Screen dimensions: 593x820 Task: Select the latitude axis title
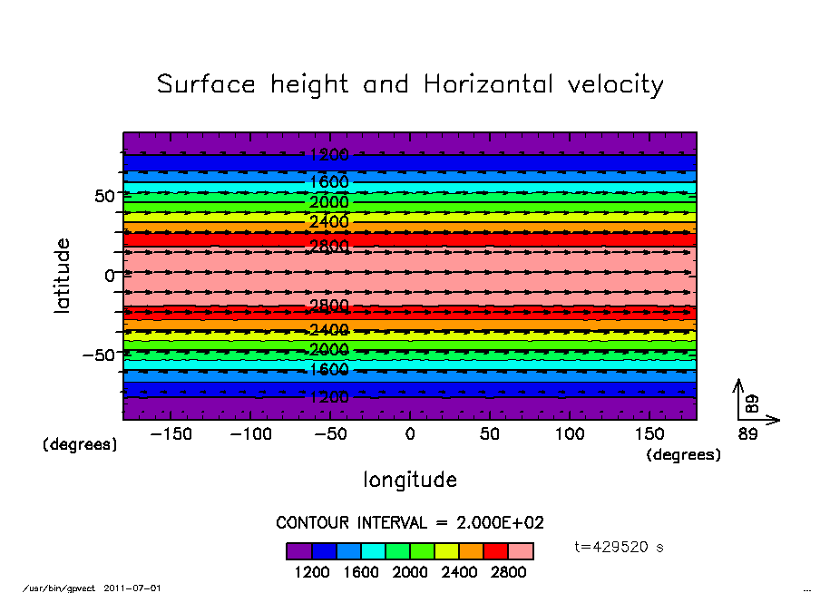63,276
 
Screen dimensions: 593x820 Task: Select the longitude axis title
410,480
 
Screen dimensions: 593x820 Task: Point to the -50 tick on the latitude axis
96,355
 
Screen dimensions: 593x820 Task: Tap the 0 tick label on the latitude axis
110,276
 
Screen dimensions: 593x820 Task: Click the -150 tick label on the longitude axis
171,434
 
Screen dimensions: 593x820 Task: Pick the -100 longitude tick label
250,434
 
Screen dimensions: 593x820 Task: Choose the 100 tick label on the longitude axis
570,434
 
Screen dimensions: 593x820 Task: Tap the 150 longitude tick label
649,434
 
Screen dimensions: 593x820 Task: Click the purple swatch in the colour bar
299,551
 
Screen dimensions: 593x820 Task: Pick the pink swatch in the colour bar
521,551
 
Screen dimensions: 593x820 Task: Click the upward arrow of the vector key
738,396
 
